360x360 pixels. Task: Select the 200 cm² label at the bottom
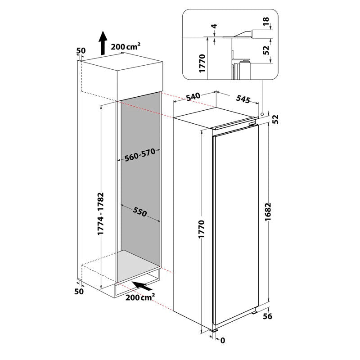[x=140, y=297]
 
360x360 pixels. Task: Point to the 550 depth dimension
[x=140, y=212]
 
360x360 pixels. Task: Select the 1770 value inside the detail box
[x=202, y=63]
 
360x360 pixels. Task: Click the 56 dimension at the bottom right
[x=267, y=316]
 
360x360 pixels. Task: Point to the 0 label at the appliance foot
[x=223, y=340]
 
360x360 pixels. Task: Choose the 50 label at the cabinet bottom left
[x=79, y=291]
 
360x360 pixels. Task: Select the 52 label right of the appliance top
[x=275, y=119]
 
